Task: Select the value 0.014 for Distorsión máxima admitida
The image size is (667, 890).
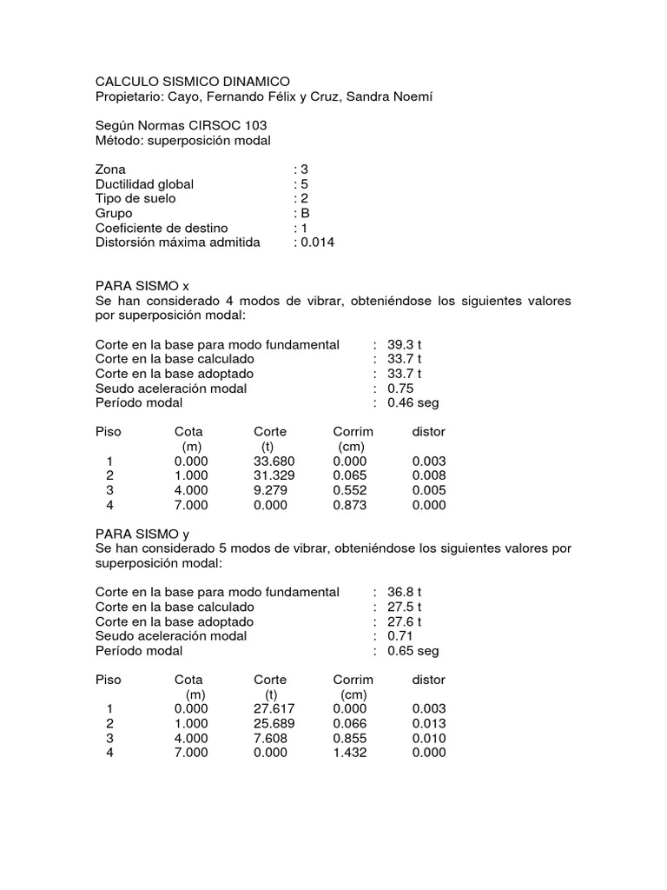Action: [318, 242]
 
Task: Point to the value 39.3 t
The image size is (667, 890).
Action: [405, 344]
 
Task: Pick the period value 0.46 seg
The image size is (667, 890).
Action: [413, 403]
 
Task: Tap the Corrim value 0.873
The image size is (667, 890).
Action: [350, 505]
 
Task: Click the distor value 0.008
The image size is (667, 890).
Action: [429, 475]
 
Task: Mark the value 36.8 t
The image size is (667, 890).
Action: [405, 592]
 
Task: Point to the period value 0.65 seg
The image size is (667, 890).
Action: [413, 651]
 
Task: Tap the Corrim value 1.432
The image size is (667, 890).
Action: [350, 753]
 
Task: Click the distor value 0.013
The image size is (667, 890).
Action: [429, 723]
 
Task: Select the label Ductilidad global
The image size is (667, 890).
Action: [144, 184]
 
